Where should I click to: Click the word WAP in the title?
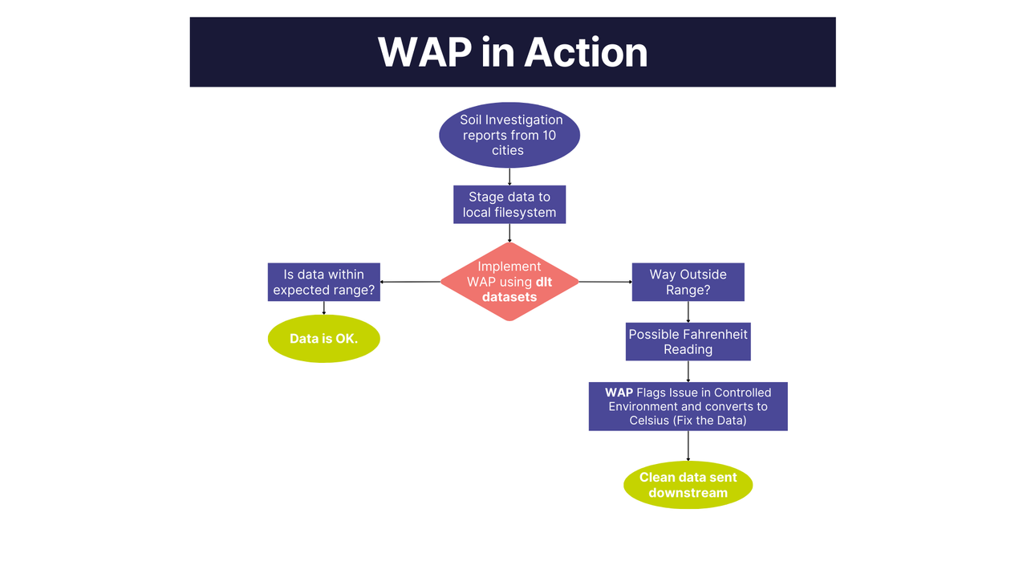pyautogui.click(x=425, y=52)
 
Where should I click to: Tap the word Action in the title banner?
pyautogui.click(x=586, y=52)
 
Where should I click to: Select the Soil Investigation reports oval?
pyautogui.click(x=509, y=135)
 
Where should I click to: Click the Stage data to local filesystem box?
pyautogui.click(x=509, y=205)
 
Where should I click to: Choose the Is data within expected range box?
pyautogui.click(x=323, y=282)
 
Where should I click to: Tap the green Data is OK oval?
pyautogui.click(x=323, y=339)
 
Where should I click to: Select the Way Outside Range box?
pyautogui.click(x=688, y=282)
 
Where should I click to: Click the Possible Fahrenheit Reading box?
pyautogui.click(x=688, y=342)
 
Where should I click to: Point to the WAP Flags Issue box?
pyautogui.click(x=688, y=406)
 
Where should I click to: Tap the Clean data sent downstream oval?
pyautogui.click(x=688, y=485)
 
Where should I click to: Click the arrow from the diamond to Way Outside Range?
pyautogui.click(x=605, y=282)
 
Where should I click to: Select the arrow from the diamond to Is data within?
pyautogui.click(x=410, y=282)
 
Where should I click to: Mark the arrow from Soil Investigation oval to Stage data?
pyautogui.click(x=509, y=177)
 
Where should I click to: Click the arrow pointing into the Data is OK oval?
pyautogui.click(x=323, y=308)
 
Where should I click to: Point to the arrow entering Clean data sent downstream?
pyautogui.click(x=688, y=446)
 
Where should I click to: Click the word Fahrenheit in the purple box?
pyautogui.click(x=710, y=334)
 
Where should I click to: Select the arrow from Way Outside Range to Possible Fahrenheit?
pyautogui.click(x=688, y=312)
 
